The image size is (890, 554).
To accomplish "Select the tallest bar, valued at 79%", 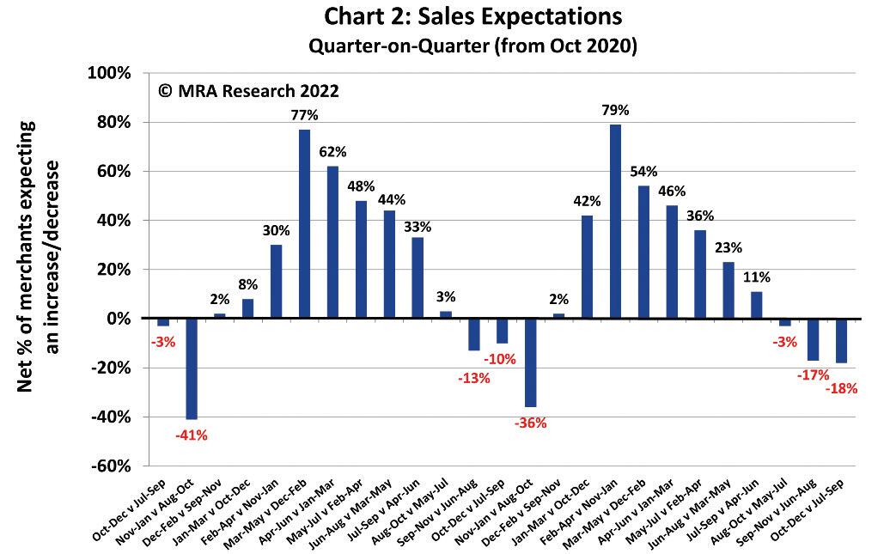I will click(615, 222).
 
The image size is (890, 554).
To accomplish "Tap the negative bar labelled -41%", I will click(192, 368).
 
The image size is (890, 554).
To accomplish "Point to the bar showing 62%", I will click(332, 242).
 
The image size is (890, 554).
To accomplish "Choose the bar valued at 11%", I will click(756, 305).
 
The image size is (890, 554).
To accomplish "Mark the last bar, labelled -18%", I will click(841, 340).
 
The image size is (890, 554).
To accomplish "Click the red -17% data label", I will click(813, 374).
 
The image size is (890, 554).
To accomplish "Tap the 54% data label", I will click(643, 171).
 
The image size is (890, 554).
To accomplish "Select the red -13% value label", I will click(473, 378).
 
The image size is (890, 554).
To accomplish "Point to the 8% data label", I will click(247, 284).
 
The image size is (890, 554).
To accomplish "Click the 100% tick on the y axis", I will click(110, 74).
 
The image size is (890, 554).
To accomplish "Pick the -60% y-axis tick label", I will click(110, 466).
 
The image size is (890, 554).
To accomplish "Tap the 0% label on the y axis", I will click(119, 319).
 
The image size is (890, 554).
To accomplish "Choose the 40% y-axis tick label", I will click(113, 221).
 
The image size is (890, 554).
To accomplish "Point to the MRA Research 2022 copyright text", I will click(248, 91).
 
